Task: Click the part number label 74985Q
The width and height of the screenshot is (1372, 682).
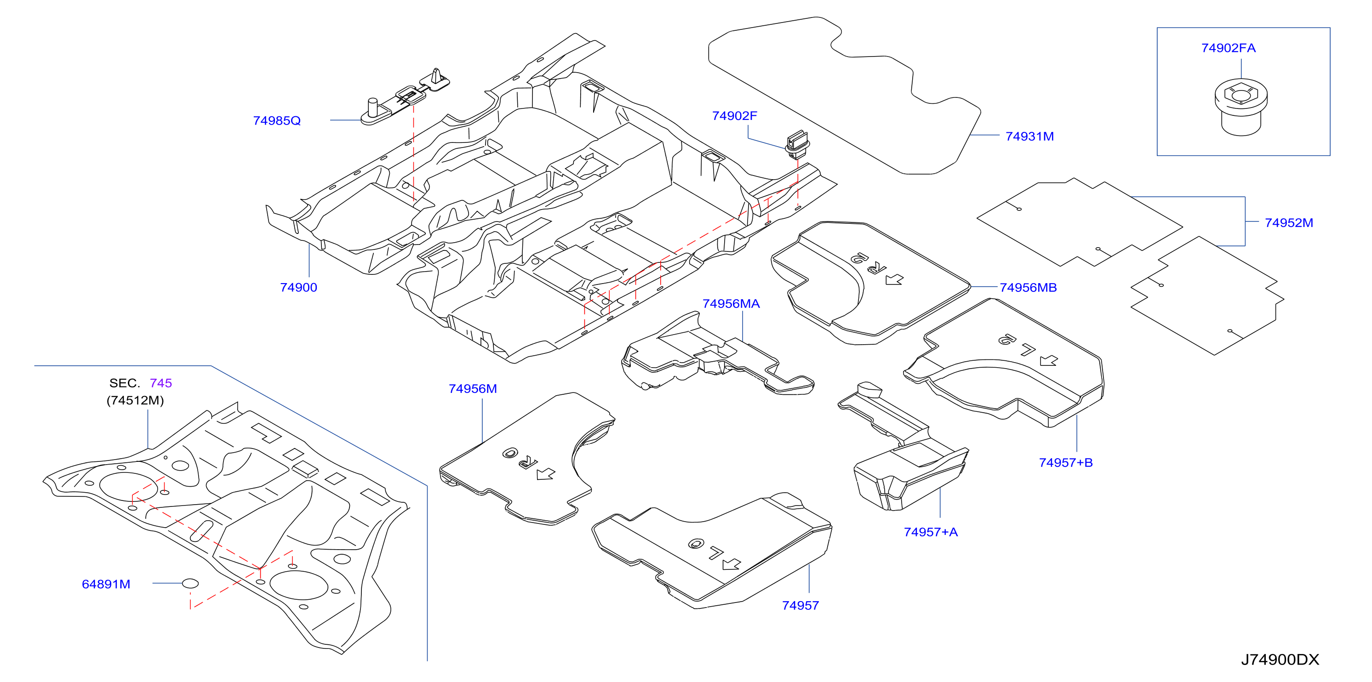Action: coord(276,121)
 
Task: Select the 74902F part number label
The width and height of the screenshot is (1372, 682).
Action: coord(734,115)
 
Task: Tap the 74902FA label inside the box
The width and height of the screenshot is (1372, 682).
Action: coord(1228,48)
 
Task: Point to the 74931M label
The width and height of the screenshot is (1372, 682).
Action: coord(1029,136)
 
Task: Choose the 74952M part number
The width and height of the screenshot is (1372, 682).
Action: coord(1288,222)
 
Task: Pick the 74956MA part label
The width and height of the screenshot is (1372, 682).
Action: coord(731,303)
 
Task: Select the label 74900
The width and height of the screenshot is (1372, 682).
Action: coord(298,288)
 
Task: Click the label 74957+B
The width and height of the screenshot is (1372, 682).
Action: coord(1065,463)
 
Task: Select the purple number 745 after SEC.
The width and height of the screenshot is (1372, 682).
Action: coord(160,383)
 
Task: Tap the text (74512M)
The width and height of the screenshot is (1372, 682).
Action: coord(135,400)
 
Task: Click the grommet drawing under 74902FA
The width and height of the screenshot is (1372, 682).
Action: coord(1241,108)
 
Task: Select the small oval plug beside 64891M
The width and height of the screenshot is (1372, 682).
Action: coord(190,584)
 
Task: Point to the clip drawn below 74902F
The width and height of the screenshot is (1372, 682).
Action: coord(797,144)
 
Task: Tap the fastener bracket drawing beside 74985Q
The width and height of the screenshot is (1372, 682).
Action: coord(405,97)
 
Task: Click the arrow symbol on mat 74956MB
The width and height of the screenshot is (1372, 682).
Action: coord(894,279)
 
